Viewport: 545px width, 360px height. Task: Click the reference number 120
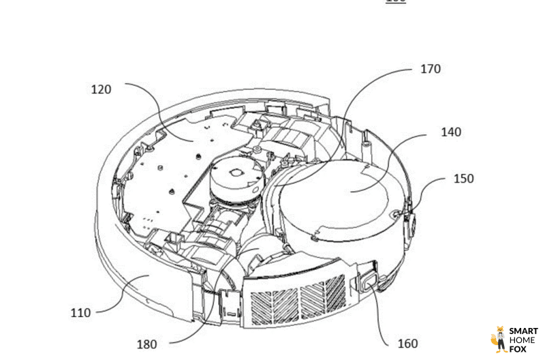click(101, 89)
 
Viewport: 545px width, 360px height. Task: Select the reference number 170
click(430, 69)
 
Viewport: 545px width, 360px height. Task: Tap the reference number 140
click(450, 132)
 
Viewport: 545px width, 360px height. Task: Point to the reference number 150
click(463, 179)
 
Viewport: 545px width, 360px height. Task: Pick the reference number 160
click(407, 343)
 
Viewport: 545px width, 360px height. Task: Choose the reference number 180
click(146, 344)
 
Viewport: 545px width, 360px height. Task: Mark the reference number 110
click(80, 313)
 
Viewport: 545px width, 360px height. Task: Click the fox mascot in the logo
click(500, 339)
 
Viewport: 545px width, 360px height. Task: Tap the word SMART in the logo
click(523, 331)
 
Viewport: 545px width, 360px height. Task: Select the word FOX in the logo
click(518, 349)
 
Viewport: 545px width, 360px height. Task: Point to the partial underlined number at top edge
click(396, 1)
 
